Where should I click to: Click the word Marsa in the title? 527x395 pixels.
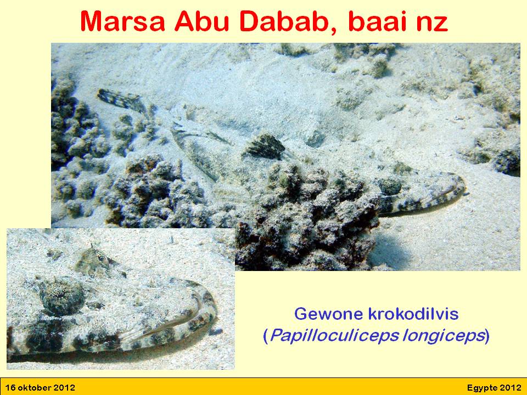click(122, 22)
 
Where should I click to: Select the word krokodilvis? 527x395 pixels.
click(413, 314)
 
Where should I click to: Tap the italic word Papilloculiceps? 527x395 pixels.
click(334, 336)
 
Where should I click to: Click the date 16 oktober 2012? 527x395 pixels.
click(40, 388)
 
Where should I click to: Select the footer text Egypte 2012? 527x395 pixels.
click(494, 388)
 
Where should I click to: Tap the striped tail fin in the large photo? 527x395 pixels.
click(121, 99)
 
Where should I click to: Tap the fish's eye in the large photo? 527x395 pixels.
click(389, 186)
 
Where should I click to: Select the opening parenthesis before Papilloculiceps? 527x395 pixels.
click(266, 336)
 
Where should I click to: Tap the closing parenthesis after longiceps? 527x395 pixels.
click(487, 336)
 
